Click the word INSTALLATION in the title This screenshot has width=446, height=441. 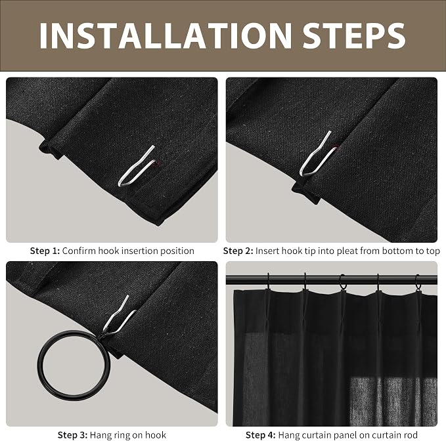(166, 35)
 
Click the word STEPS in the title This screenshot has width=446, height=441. (354, 35)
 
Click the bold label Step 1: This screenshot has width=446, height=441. (45, 251)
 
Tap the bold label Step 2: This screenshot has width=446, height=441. (238, 251)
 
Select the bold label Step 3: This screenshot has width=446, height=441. (72, 435)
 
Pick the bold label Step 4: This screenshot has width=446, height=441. (261, 435)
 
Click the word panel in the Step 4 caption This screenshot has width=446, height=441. (338, 436)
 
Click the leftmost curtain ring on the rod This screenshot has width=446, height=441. (268, 282)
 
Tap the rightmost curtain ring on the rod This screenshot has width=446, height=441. (418, 282)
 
